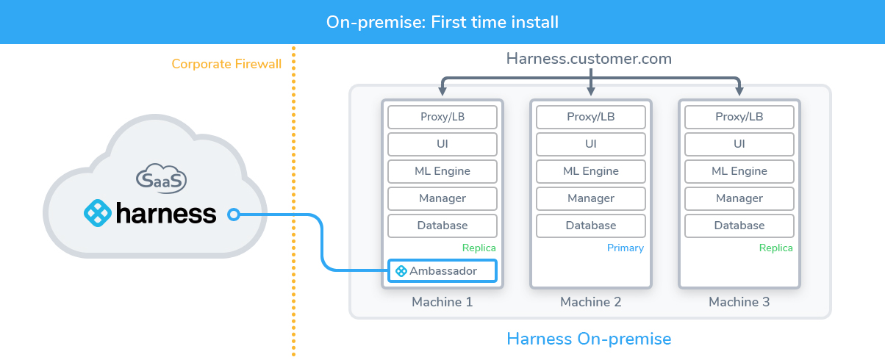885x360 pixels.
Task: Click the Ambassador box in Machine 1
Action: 442,271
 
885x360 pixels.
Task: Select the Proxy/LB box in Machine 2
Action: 591,117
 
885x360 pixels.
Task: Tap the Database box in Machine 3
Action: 739,226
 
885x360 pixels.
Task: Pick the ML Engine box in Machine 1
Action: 442,171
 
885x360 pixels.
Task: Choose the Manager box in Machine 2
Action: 591,198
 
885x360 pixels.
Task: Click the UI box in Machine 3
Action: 739,144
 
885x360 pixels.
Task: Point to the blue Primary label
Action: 626,248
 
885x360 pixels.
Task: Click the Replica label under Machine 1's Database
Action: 479,248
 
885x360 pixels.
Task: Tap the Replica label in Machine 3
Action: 776,248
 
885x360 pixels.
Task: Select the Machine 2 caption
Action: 591,302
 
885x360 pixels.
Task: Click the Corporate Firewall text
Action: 226,64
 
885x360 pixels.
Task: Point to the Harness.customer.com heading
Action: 589,59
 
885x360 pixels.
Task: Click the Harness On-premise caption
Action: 589,339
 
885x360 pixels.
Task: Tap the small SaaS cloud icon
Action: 161,179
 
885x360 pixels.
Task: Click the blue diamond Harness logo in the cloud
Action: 97,213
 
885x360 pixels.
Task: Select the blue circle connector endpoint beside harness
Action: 234,215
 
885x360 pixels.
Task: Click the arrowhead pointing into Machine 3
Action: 739,91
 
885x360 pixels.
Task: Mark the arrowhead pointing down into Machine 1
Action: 442,91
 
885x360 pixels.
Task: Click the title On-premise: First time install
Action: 442,22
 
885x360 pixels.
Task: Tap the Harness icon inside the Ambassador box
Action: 401,271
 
